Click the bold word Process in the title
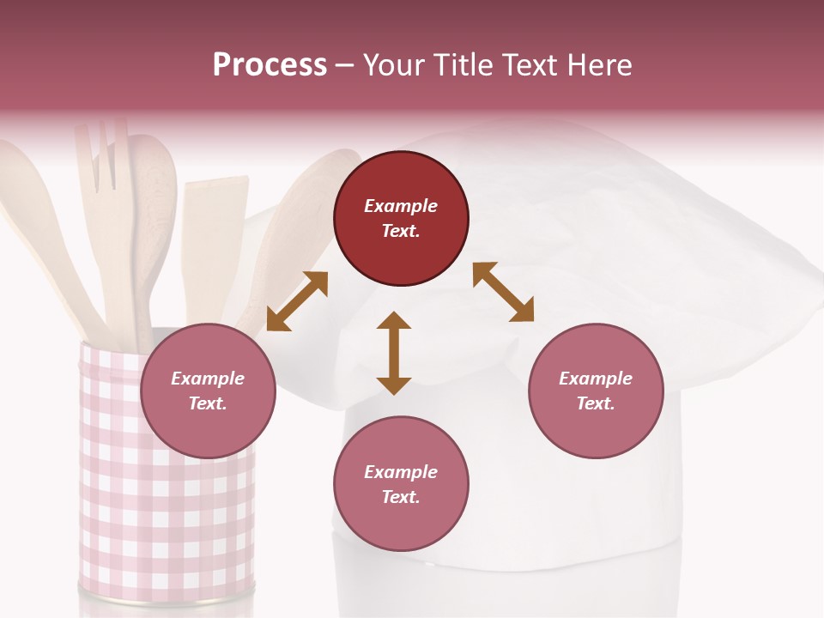coord(270,65)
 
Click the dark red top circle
coord(401,218)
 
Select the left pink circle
coord(208,391)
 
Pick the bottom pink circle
coord(401,484)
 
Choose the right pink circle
coord(596,391)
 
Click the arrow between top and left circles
coord(297,301)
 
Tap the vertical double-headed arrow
coord(394,353)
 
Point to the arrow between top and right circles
coord(503,292)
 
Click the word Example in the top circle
coord(401,206)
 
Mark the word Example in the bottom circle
coord(401,472)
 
